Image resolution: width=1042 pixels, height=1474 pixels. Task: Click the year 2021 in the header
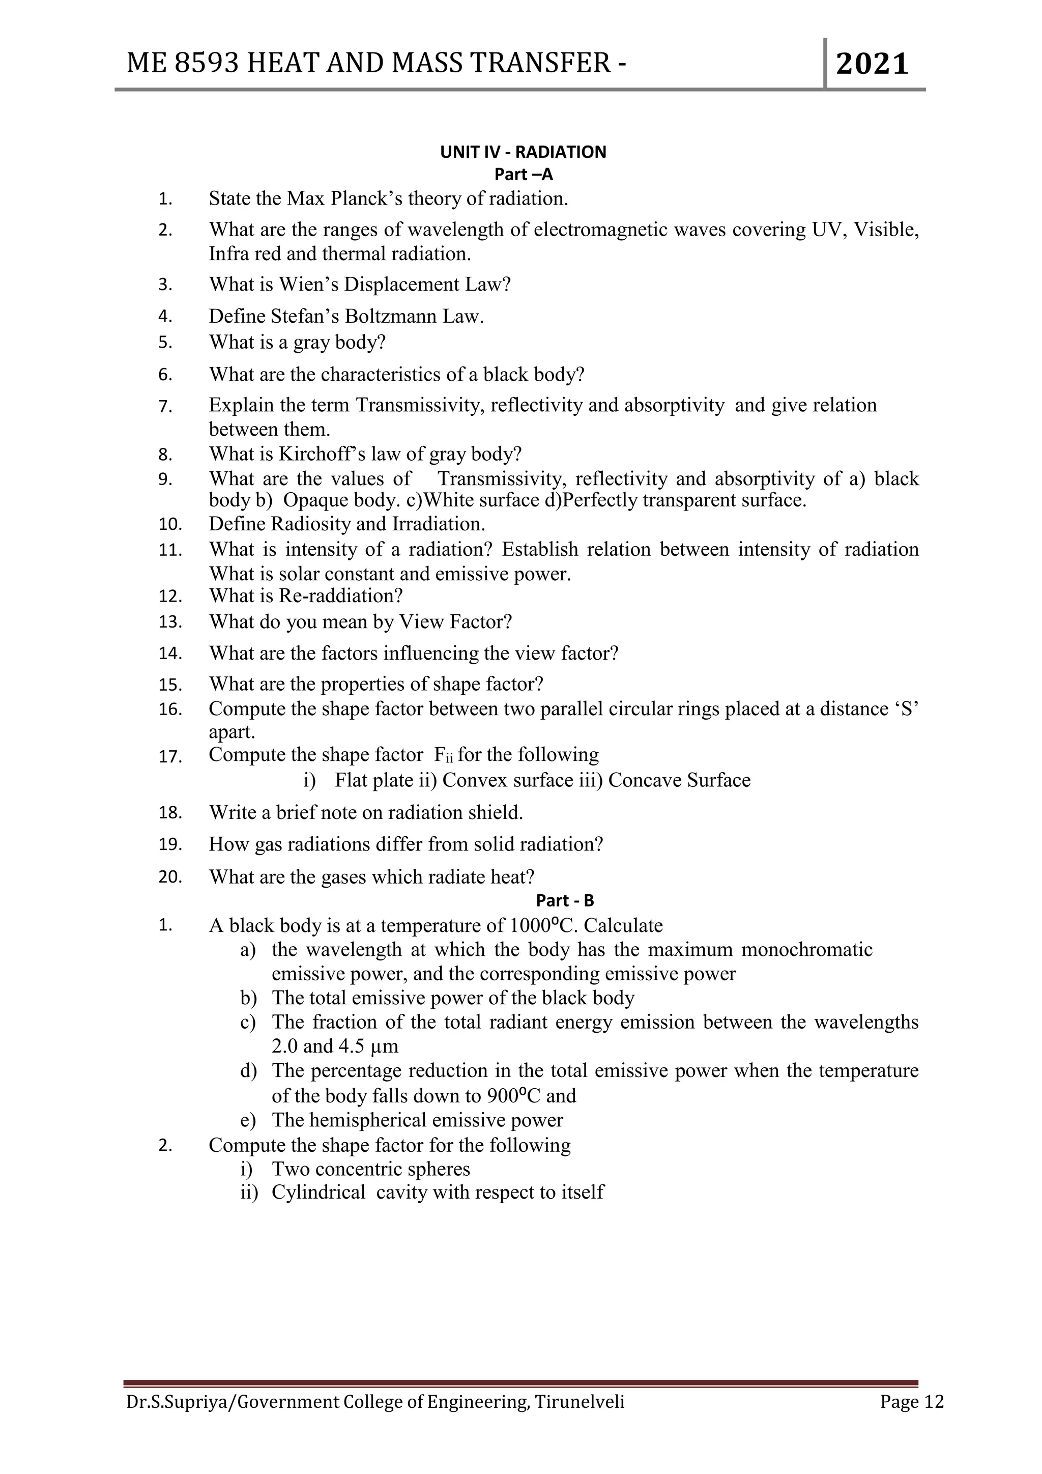(872, 64)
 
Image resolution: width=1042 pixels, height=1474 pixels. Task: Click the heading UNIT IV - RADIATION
(523, 152)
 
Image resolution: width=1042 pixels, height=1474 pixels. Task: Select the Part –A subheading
(523, 174)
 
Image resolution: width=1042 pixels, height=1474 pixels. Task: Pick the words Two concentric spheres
(371, 1169)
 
